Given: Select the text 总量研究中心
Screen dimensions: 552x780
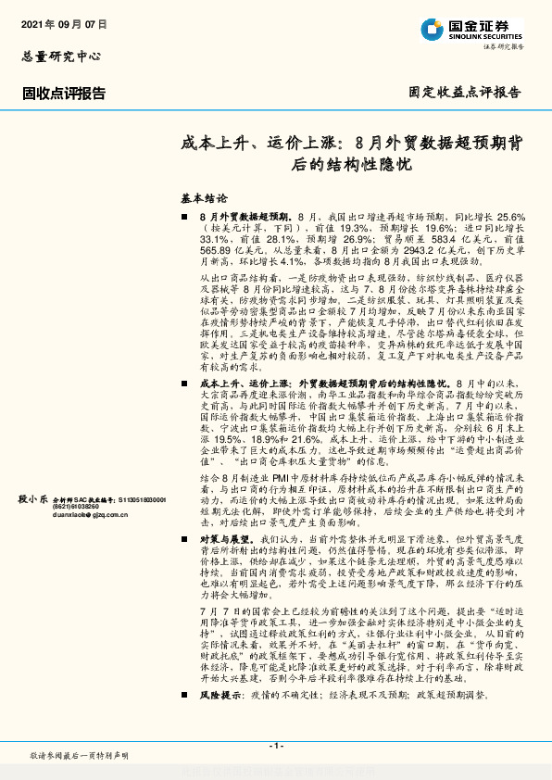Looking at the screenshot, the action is (60, 56).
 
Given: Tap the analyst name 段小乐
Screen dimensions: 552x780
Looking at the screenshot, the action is (31, 499).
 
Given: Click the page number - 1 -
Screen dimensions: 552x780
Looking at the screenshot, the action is (275, 746).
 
